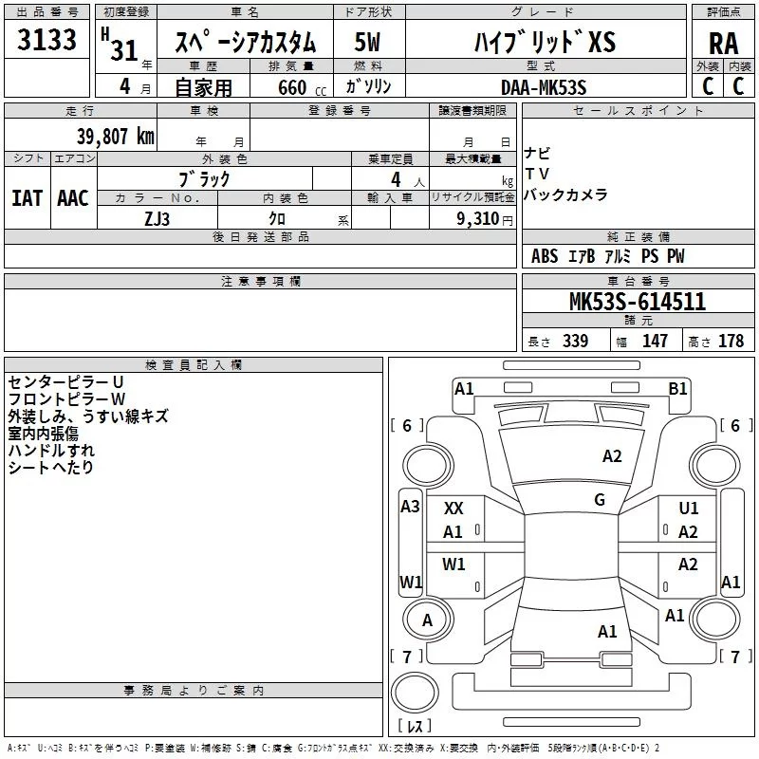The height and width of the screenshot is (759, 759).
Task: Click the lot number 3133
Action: [46, 40]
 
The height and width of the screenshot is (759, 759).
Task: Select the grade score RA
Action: [723, 44]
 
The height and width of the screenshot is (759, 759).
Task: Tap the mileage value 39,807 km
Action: [115, 137]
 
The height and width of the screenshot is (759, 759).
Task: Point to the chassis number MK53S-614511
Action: [638, 302]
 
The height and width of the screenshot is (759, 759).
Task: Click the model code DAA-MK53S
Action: [544, 87]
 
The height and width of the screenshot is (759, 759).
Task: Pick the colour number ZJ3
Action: [157, 219]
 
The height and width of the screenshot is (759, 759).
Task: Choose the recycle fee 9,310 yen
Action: [485, 219]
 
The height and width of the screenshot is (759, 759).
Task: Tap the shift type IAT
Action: [28, 198]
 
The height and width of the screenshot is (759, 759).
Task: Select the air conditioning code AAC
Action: [73, 198]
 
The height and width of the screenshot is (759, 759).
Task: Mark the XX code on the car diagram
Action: [454, 509]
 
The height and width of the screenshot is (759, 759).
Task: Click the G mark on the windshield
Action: [600, 500]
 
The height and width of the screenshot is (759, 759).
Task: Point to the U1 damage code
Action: [689, 508]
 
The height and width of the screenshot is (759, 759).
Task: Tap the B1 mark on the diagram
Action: [677, 389]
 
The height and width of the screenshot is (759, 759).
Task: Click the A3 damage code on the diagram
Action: [410, 507]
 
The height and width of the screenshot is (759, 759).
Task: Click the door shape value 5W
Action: [367, 42]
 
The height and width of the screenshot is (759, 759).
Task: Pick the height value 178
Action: [731, 341]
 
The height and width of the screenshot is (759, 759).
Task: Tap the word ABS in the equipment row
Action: [545, 256]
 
